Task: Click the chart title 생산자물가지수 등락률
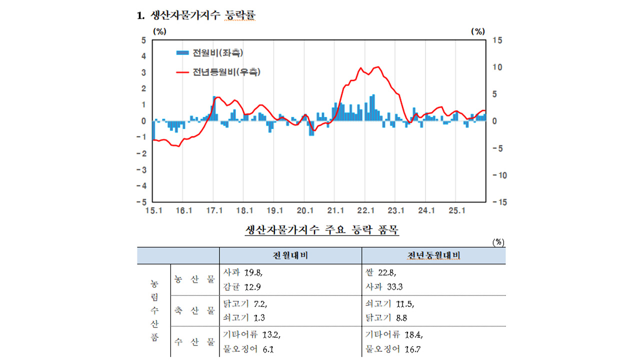pos(202,16)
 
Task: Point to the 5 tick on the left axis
pos(143,40)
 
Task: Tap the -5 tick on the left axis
pos(142,202)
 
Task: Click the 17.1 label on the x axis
pos(214,210)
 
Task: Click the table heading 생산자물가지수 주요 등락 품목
pos(322,230)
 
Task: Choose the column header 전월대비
pos(290,255)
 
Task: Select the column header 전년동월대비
pos(433,255)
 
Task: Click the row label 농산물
pos(194,279)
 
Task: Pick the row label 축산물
pos(194,310)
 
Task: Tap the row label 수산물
pos(194,342)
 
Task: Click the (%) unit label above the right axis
pos(478,31)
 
